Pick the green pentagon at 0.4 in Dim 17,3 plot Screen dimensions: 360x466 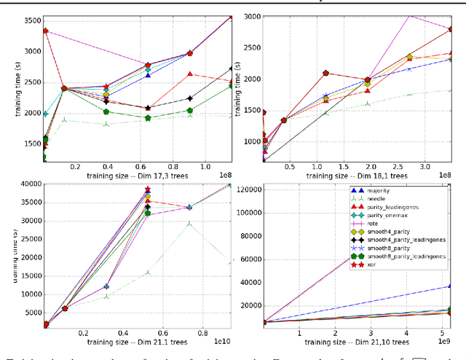click(106, 111)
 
